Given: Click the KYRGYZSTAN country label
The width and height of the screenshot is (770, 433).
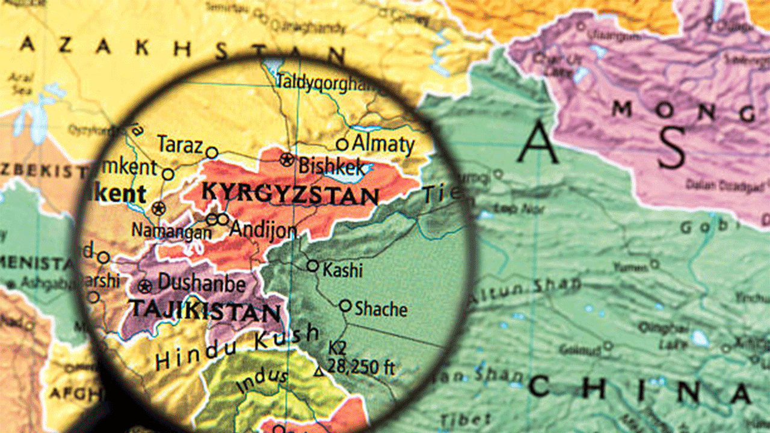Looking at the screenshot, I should click(x=291, y=194).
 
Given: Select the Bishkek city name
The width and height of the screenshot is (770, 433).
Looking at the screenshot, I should click(x=331, y=165).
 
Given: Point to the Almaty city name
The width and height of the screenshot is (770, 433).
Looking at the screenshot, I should click(x=383, y=144).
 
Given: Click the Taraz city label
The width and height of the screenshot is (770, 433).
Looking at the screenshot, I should click(x=180, y=145).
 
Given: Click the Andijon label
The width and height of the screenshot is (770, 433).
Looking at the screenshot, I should click(x=263, y=229).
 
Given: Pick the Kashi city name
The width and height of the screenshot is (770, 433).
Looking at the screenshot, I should click(x=343, y=270).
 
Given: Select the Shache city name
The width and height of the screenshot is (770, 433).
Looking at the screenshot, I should click(x=381, y=309).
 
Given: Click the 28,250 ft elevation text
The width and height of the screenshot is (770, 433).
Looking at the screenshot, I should click(x=361, y=366).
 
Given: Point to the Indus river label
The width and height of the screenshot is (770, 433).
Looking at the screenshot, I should click(x=262, y=380).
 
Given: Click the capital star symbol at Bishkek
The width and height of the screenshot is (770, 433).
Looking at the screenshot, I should click(x=288, y=159).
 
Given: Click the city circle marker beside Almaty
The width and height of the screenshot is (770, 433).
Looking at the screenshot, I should click(x=342, y=144).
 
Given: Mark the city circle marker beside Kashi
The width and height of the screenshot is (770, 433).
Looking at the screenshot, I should click(x=312, y=265).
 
